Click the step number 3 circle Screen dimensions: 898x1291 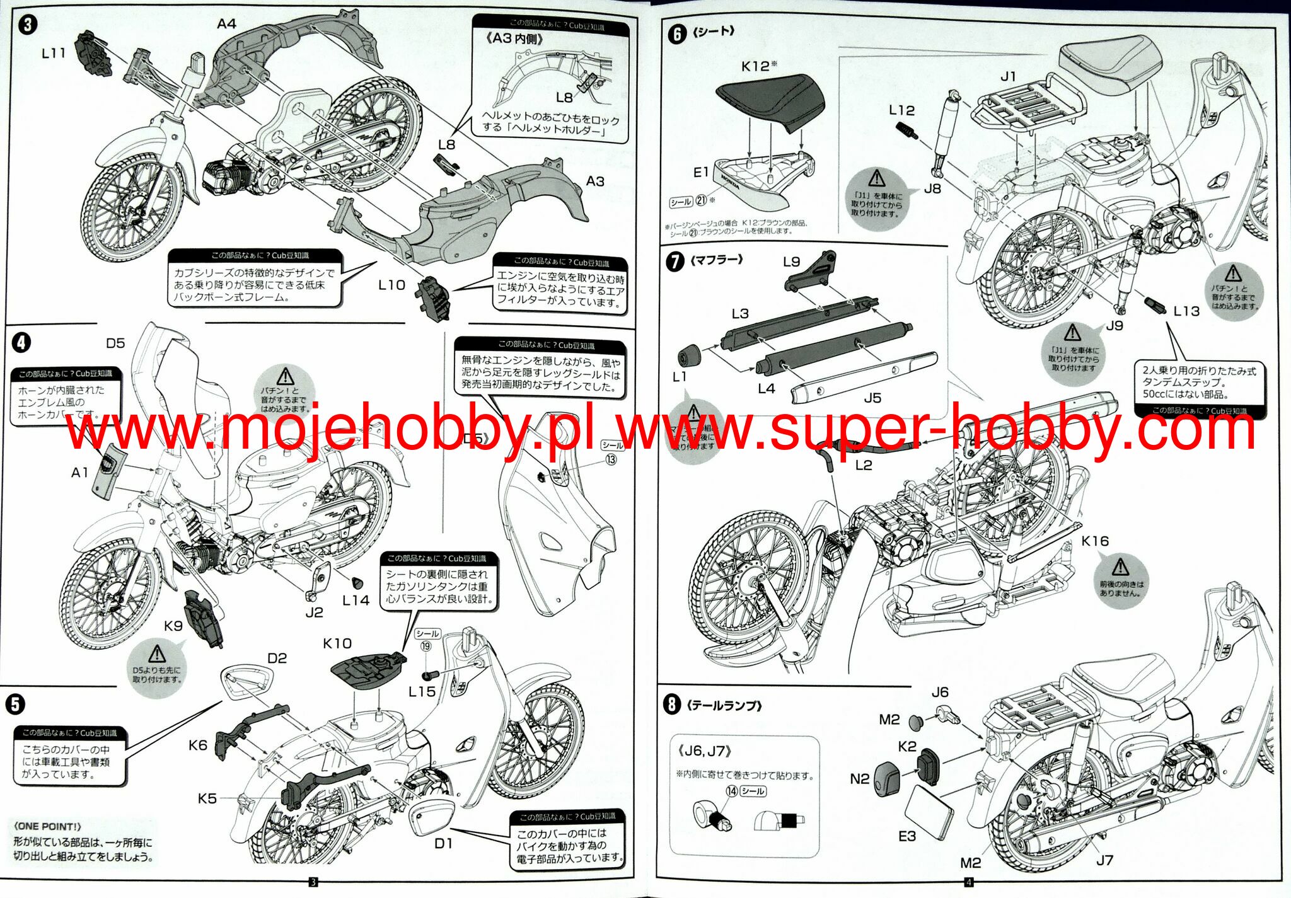coord(27,25)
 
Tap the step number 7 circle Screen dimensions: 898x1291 coord(674,261)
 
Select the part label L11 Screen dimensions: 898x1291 coord(54,54)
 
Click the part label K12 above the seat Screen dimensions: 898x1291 coord(755,66)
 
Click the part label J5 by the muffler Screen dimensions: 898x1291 coord(872,398)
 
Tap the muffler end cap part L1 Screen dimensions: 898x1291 coord(689,355)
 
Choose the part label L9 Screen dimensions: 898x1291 coord(791,262)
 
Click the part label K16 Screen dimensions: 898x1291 coord(1094,541)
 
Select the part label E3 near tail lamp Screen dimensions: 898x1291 coord(906,836)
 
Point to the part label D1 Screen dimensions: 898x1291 coord(443,843)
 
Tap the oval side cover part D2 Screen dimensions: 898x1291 coord(246,682)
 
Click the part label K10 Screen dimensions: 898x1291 coord(337,643)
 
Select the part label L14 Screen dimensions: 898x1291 coord(356,601)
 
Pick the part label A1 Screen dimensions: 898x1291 coord(80,473)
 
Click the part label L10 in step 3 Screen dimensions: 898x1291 coord(391,285)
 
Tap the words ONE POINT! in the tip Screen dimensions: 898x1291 coord(48,826)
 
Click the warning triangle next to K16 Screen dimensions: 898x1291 coord(1120,567)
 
